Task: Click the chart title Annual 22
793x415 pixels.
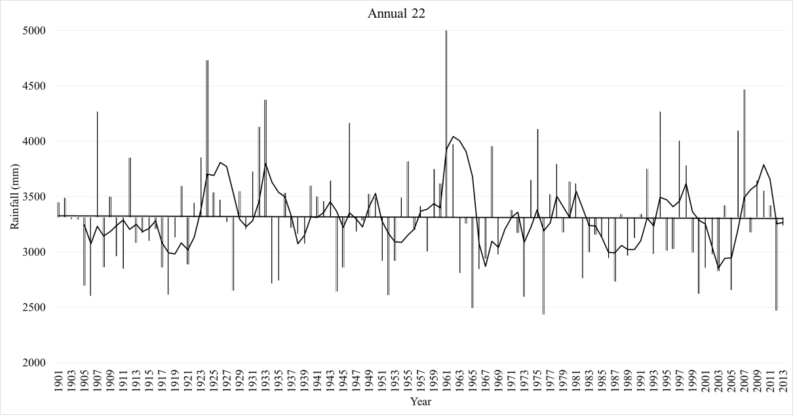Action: pos(396,14)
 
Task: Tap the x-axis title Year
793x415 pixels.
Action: pos(420,401)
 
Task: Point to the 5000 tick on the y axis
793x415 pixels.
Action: pos(31,31)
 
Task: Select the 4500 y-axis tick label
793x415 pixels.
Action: pos(31,86)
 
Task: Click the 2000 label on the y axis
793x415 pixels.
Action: pos(31,363)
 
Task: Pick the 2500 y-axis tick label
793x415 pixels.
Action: pos(31,307)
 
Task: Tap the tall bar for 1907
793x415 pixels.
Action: pos(97,164)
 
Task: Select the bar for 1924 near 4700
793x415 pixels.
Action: pos(207,131)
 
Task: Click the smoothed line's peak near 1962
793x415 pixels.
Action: pos(454,136)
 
